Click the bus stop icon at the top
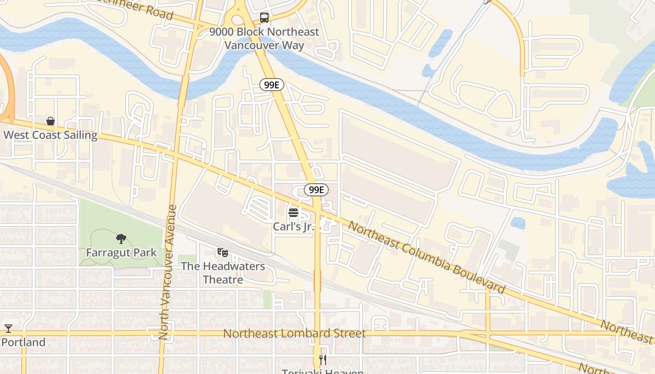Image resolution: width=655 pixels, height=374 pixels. (264, 18)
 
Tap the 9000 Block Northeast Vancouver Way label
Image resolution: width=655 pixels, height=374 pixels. (264, 39)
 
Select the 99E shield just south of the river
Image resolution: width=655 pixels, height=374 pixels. (272, 85)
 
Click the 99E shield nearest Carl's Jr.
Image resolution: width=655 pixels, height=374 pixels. (316, 190)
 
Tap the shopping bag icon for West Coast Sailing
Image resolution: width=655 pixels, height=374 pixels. (51, 122)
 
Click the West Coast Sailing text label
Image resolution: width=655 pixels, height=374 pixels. (51, 136)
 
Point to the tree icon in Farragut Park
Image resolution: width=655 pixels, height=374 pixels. (121, 239)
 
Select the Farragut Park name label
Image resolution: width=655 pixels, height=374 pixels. (121, 253)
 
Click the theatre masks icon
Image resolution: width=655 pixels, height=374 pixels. (223, 252)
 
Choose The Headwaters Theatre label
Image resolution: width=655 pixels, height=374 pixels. (223, 273)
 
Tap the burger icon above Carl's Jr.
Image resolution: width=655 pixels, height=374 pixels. (293, 213)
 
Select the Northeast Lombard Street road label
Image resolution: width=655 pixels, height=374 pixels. (294, 334)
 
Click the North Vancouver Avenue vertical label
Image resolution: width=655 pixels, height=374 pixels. (167, 272)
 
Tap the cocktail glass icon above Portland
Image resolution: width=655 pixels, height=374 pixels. (8, 329)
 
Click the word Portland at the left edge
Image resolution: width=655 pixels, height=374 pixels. (23, 342)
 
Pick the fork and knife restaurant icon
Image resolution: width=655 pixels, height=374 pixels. (322, 360)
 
